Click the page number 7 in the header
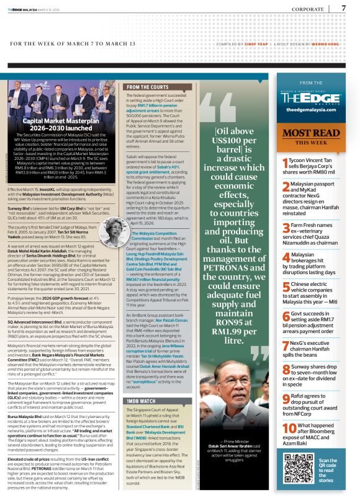point(344,9)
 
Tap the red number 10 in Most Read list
point(288,447)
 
